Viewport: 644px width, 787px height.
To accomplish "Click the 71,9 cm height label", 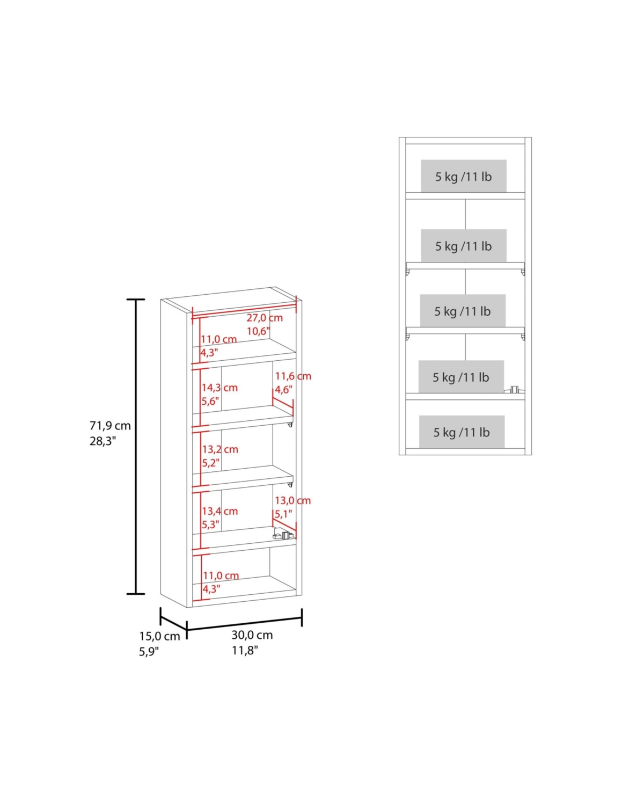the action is (110, 425).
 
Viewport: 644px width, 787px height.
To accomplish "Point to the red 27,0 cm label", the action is (265, 318).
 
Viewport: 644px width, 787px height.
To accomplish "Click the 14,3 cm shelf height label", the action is (220, 388).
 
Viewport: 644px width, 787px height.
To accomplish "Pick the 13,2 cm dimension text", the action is (220, 449).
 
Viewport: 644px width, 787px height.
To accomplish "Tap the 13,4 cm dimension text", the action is (220, 511).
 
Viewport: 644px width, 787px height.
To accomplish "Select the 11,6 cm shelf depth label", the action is (293, 376).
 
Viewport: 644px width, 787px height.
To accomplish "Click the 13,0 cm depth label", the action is (293, 500).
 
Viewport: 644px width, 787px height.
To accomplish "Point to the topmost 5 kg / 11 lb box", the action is (464, 176).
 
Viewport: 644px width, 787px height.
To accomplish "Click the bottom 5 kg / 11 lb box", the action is (462, 432).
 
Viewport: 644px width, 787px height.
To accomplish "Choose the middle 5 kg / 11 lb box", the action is (463, 311).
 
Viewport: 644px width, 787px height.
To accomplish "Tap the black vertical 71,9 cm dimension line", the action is (135, 446).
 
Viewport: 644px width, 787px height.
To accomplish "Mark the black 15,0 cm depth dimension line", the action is (173, 623).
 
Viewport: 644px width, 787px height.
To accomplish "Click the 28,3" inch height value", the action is (103, 441).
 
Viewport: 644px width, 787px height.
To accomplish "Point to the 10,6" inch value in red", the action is (258, 331).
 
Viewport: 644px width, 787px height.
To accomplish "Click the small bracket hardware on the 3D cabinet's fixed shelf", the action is (283, 535).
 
